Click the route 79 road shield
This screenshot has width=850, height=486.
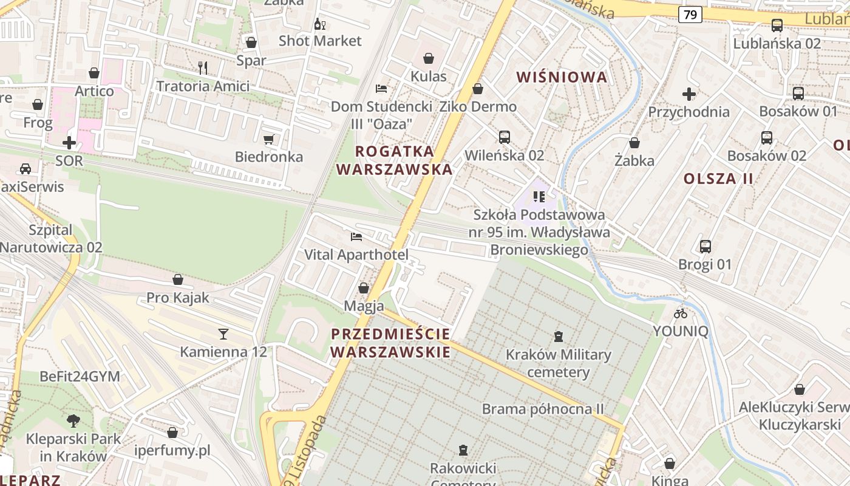[690, 14]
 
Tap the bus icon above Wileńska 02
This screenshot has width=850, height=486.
[504, 137]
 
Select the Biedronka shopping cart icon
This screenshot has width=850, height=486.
[269, 139]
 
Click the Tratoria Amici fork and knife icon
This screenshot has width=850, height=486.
[203, 68]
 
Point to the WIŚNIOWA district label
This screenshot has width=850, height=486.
[562, 77]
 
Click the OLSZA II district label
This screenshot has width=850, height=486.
[718, 179]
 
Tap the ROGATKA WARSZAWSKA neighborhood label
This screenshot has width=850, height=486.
[395, 160]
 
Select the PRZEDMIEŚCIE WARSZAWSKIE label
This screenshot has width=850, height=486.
[391, 343]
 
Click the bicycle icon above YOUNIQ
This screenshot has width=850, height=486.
[681, 313]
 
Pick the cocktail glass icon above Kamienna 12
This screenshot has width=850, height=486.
[223, 334]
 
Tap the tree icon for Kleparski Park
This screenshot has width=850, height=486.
[73, 420]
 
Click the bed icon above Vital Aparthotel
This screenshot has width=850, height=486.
[356, 237]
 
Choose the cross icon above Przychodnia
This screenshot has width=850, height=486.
[688, 94]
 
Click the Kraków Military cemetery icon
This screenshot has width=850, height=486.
[559, 336]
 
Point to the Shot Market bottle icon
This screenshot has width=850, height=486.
[319, 24]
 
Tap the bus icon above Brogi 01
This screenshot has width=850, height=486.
[705, 247]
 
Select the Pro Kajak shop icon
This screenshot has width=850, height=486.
[178, 279]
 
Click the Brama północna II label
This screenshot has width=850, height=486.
[543, 409]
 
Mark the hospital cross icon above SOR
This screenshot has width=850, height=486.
[69, 143]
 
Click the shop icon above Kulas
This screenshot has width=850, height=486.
[429, 58]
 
